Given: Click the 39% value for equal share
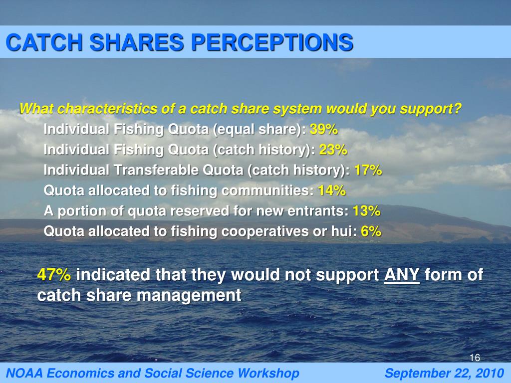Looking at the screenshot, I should (324, 130).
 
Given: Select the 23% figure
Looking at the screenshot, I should (333, 150).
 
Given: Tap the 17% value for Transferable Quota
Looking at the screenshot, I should (368, 171).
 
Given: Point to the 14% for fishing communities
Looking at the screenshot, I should (331, 191).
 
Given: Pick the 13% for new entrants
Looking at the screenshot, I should (366, 211).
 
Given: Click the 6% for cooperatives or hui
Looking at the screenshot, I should (371, 231).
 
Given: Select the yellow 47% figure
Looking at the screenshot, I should (54, 275).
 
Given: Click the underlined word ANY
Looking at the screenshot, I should (402, 275).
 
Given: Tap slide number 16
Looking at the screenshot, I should (475, 358).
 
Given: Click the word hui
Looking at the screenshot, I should (342, 231).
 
